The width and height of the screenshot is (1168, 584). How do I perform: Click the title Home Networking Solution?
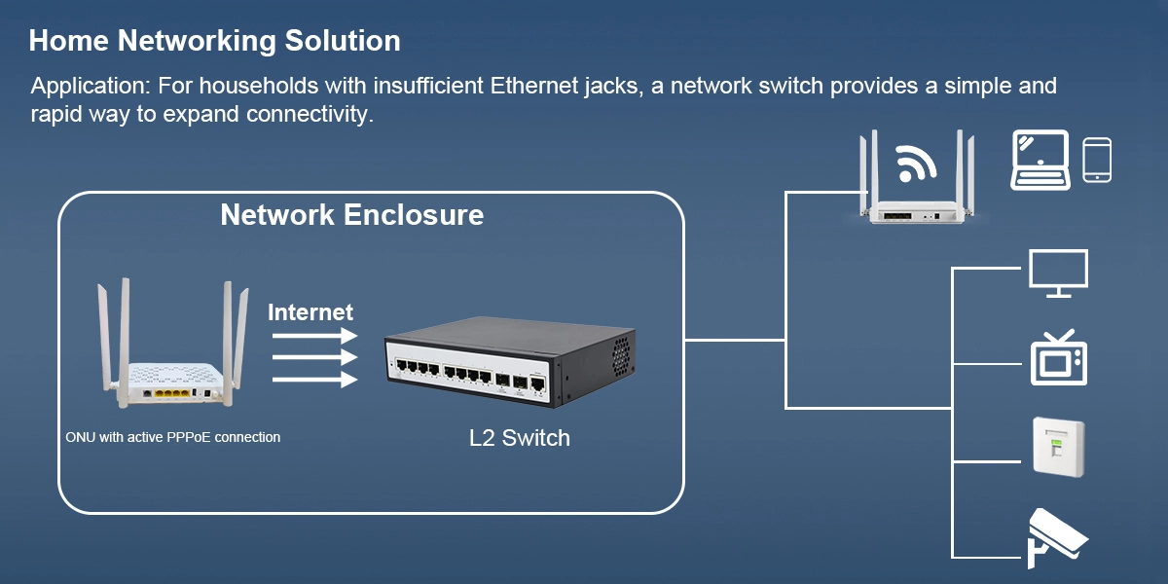[x=214, y=41]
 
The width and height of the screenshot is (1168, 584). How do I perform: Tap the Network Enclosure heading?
[x=351, y=214]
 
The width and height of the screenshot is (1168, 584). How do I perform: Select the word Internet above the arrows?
[x=310, y=312]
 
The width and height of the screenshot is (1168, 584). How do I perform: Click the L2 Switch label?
[x=519, y=438]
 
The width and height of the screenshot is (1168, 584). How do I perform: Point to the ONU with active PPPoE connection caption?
[x=172, y=437]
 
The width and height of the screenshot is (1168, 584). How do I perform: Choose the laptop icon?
[x=1040, y=160]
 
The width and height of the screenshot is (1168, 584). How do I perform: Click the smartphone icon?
[x=1097, y=160]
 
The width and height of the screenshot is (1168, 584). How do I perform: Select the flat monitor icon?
[x=1058, y=273]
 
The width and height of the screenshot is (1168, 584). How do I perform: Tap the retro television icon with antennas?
[x=1059, y=359]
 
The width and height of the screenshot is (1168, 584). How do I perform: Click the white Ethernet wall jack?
[x=1058, y=446]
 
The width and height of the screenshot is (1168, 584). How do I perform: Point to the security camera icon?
[x=1056, y=537]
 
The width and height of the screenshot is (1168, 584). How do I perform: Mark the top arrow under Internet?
[x=313, y=335]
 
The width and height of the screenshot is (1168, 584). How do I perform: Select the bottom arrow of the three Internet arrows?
[x=313, y=380]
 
